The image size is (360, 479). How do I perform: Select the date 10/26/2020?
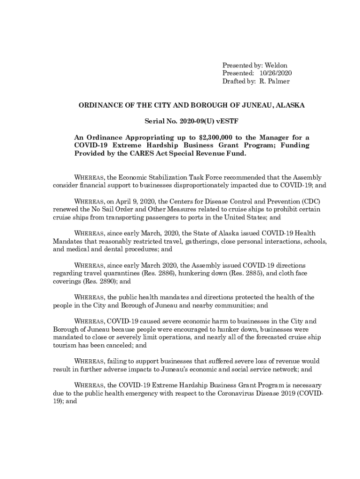tap(276, 73)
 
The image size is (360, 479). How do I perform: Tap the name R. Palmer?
tap(274, 81)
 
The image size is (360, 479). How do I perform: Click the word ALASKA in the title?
tap(290, 105)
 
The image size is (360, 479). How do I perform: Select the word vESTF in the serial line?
tap(228, 122)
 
